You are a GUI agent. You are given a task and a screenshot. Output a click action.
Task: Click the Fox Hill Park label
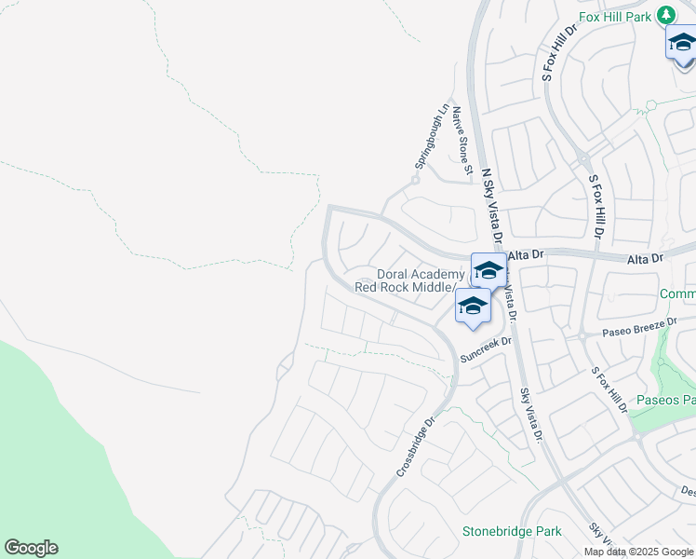point(616,16)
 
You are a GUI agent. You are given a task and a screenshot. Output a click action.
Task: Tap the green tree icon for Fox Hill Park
point(665,15)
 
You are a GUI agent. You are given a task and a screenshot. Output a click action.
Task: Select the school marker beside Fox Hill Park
point(682,44)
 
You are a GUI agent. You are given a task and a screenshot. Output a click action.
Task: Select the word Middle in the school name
point(433,287)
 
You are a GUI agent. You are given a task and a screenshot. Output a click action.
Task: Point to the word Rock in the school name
point(397,287)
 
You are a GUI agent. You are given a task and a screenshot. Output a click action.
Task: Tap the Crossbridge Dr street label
point(416,448)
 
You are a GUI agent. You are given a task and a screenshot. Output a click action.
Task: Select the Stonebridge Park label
point(512,531)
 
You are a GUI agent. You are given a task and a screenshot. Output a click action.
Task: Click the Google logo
point(31,548)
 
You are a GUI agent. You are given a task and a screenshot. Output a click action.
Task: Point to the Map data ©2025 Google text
point(639,552)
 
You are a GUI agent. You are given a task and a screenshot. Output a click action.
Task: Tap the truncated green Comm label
point(677,294)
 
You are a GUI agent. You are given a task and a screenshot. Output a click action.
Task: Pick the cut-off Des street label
point(688,490)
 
